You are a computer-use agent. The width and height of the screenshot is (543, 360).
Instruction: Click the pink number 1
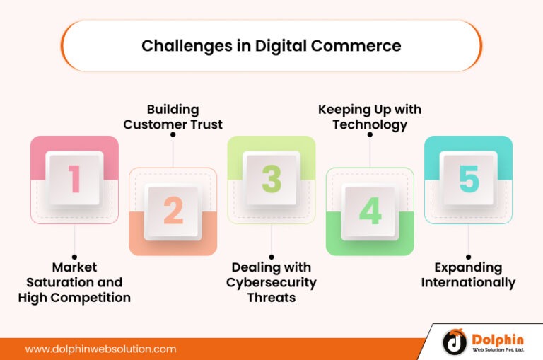click(x=74, y=180)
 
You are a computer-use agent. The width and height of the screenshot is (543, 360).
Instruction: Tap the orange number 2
click(x=173, y=211)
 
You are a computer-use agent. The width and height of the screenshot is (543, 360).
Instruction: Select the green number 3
click(x=271, y=180)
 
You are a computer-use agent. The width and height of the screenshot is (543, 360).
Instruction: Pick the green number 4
click(x=370, y=211)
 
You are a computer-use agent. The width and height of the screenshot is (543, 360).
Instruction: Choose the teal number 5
click(x=468, y=180)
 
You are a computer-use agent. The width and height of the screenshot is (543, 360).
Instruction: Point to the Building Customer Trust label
click(x=173, y=117)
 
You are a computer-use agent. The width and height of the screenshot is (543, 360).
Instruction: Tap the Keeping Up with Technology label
click(x=370, y=117)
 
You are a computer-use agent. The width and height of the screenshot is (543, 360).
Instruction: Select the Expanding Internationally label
click(x=468, y=274)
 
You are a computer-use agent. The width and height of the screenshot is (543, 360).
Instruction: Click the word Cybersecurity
click(x=271, y=282)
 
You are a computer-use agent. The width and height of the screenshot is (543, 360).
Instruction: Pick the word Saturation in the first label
click(x=74, y=282)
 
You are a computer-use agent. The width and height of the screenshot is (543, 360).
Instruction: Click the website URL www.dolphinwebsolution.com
click(x=100, y=349)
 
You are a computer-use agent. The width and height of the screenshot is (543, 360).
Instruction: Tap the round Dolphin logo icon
click(x=455, y=342)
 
